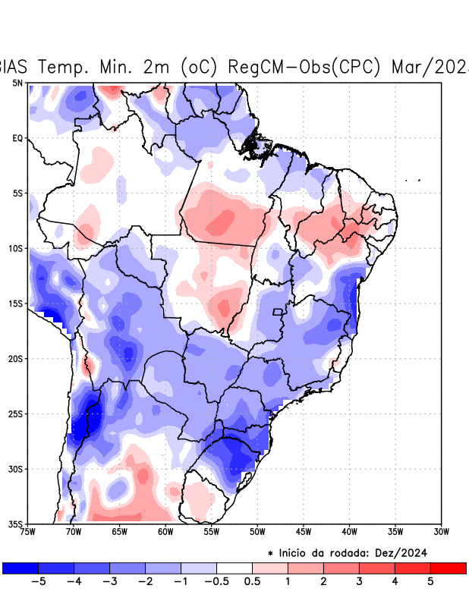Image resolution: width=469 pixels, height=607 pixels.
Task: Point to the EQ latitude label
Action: (x=17, y=138)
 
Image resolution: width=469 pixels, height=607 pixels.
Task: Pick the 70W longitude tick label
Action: (x=73, y=531)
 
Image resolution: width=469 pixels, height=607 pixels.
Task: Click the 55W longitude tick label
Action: (x=211, y=531)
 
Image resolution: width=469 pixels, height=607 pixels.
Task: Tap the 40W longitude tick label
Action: (x=349, y=531)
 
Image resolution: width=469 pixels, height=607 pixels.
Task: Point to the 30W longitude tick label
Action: (x=441, y=531)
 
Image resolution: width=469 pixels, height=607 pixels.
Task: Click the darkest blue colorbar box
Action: (x=20, y=568)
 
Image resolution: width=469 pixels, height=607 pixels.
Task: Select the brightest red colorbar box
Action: (x=448, y=568)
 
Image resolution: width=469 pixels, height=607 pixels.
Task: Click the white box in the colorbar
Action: (x=234, y=568)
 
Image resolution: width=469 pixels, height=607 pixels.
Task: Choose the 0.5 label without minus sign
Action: (x=252, y=582)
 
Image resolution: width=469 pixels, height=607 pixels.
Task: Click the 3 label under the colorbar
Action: (x=359, y=582)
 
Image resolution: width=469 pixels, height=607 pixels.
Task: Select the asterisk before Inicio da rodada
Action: (x=270, y=553)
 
